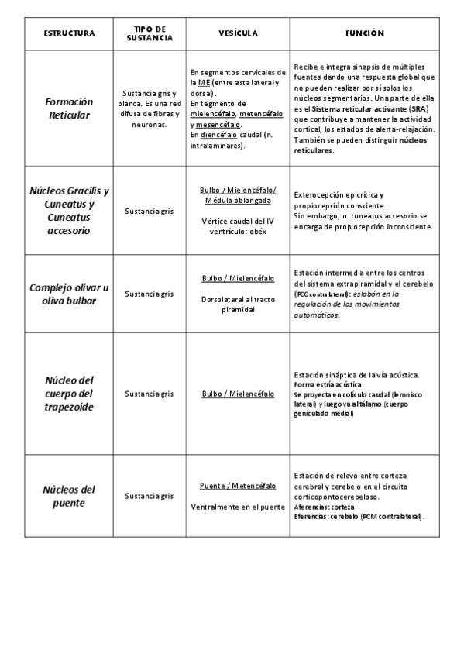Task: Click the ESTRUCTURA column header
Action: [x=70, y=33]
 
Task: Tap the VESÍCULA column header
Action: [x=238, y=33]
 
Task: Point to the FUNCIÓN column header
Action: [x=364, y=33]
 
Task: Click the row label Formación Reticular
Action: [x=69, y=108]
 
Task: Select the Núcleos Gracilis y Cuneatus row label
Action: [x=69, y=210]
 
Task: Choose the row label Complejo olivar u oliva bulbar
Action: [x=69, y=294]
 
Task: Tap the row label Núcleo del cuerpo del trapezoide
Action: [x=69, y=394]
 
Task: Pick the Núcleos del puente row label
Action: [x=69, y=496]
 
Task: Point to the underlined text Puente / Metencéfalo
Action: [x=238, y=486]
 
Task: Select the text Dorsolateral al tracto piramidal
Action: [x=238, y=302]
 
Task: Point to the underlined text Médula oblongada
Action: [x=238, y=200]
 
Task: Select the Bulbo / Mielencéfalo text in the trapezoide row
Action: [x=238, y=394]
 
